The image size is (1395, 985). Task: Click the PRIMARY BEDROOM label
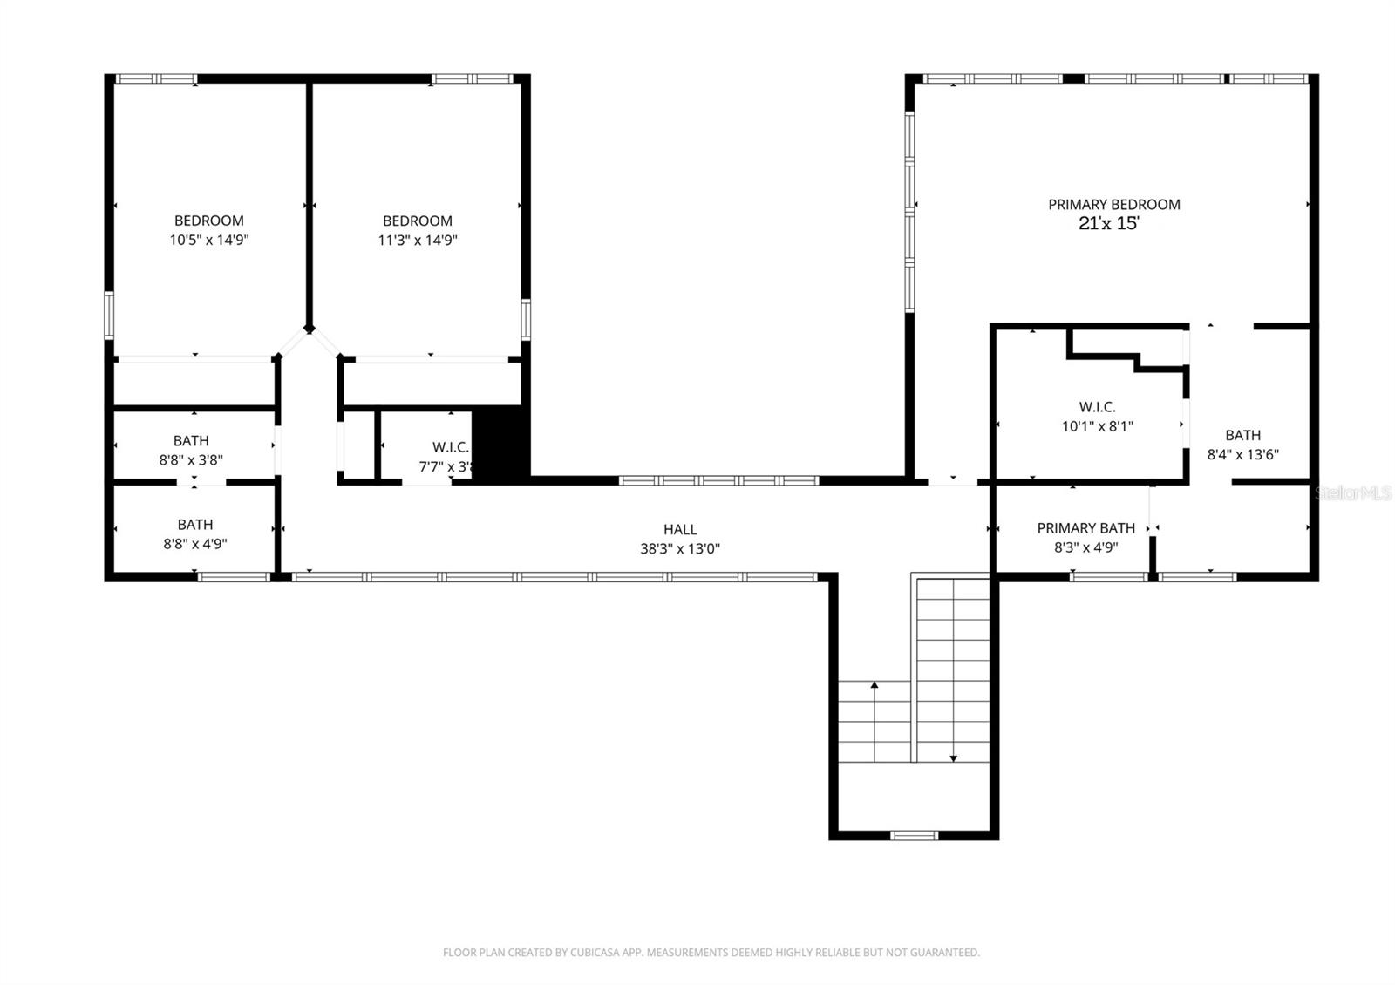tap(1113, 204)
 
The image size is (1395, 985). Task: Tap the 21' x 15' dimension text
tap(1109, 223)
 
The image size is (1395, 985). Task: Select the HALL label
tap(680, 529)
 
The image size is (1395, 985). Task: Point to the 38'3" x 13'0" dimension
tap(680, 548)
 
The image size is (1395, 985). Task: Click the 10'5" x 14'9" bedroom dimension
tap(209, 240)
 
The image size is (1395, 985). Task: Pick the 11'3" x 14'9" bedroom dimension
tap(418, 240)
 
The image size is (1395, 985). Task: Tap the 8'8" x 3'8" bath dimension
tap(191, 459)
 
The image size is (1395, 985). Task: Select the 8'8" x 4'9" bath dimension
tap(195, 543)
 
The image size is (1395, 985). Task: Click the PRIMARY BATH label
tap(1085, 528)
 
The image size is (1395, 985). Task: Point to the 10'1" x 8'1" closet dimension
tap(1097, 426)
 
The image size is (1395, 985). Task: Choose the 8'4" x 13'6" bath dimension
tap(1242, 454)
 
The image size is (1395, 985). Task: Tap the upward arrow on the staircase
tap(874, 689)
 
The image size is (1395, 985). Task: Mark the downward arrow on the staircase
tap(953, 756)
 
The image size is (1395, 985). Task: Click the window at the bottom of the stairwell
tap(914, 835)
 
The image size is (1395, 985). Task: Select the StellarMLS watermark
tap(1353, 493)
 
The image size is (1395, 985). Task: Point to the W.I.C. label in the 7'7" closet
tap(450, 447)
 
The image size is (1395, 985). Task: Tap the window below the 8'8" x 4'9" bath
tap(234, 576)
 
